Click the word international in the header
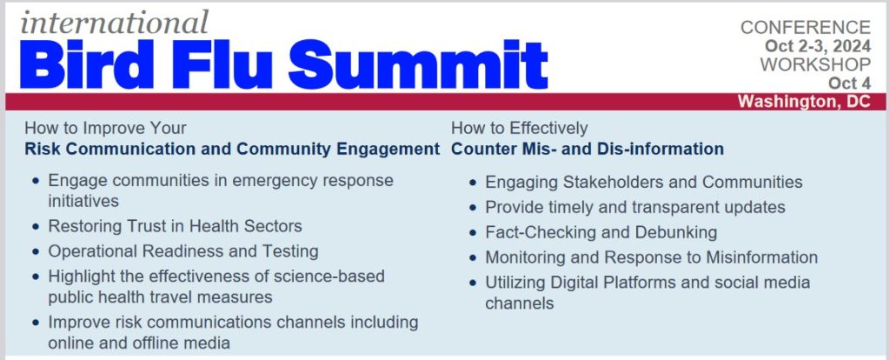point(115,23)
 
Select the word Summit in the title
point(419,63)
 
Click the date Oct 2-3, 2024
point(817,46)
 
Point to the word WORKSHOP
point(815,64)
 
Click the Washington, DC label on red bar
point(804,102)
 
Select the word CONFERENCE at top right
point(806,27)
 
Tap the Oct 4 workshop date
point(849,83)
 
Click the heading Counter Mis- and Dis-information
point(588,150)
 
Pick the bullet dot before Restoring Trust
point(37,227)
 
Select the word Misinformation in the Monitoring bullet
point(761,257)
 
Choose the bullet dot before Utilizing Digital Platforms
point(474,283)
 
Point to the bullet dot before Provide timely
point(474,208)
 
